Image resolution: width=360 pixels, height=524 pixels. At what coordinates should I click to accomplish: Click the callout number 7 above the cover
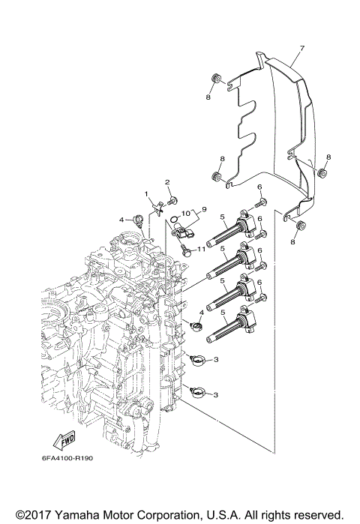(301, 49)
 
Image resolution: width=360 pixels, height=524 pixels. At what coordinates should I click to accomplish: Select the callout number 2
(167, 182)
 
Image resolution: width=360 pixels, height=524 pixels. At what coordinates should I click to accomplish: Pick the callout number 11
(200, 248)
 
